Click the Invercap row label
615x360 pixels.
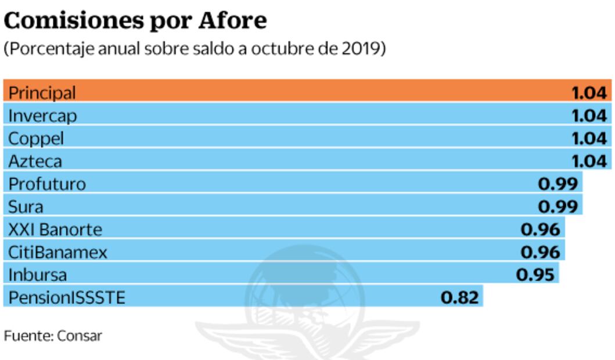coord(42,115)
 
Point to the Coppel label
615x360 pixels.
coord(36,138)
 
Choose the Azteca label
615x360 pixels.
coord(35,161)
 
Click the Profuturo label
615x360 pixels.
coord(47,183)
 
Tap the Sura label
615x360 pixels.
coord(26,206)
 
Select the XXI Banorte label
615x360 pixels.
coord(55,229)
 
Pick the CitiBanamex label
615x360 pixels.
coord(57,252)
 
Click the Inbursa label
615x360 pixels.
coord(37,275)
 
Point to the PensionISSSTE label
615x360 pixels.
coord(66,298)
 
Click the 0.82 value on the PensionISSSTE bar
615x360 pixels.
coord(460,298)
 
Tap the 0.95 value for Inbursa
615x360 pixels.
coord(535,275)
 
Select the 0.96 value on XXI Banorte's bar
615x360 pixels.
coord(541,229)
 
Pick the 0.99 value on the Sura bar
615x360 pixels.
coord(558,206)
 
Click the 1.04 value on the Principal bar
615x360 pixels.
coord(589,92)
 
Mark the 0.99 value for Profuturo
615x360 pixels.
coord(558,183)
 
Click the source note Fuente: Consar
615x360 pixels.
coord(53,336)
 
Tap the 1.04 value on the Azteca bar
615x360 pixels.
coord(589,161)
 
